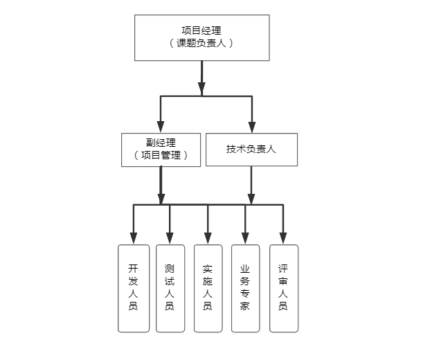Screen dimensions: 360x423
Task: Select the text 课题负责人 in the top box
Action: coord(201,43)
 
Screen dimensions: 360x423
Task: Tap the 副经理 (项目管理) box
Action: coord(161,149)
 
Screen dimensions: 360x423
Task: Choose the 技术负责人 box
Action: coord(251,149)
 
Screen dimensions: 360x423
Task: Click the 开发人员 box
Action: coord(134,287)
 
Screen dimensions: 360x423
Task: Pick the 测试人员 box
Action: coord(170,287)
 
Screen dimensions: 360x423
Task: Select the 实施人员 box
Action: coord(208,287)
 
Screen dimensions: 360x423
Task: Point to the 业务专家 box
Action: coord(245,287)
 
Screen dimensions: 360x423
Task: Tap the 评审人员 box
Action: coord(283,287)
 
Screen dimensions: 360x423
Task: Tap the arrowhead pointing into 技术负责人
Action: coord(252,127)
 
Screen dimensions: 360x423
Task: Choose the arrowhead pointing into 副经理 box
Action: coord(161,127)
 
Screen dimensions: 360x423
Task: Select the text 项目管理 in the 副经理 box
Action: coord(161,156)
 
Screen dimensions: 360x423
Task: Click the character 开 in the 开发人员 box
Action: coord(134,268)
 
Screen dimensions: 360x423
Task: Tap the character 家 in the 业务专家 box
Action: coord(245,306)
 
